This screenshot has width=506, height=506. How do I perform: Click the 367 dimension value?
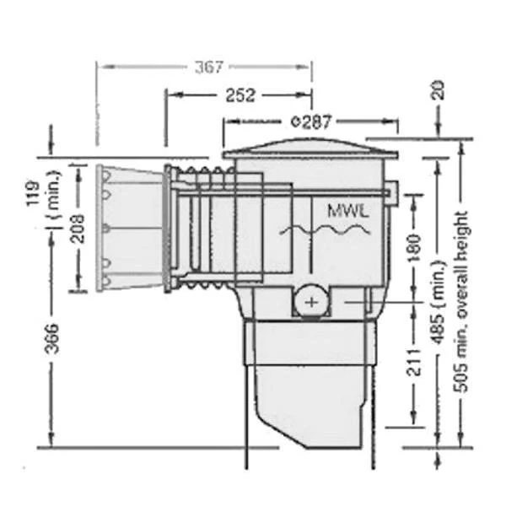pyautogui.click(x=209, y=68)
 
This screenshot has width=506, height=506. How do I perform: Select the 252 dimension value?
pyautogui.click(x=241, y=95)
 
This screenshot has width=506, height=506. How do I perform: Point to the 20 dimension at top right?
pyautogui.click(x=439, y=91)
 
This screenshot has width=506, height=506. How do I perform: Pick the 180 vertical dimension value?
pyautogui.click(x=412, y=249)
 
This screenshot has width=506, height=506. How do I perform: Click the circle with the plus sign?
pyautogui.click(x=312, y=300)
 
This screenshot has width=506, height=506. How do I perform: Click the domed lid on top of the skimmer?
pyautogui.click(x=309, y=149)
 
